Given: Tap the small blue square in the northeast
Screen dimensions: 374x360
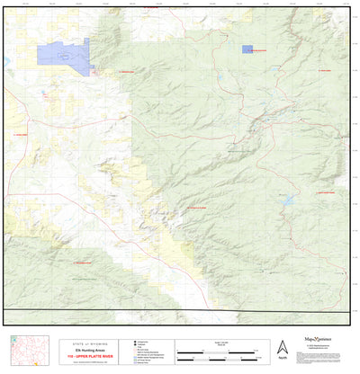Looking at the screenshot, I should pos(247,50).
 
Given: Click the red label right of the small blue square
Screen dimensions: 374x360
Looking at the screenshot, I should pos(265,52).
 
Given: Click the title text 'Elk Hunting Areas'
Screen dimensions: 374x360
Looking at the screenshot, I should pos(97,349).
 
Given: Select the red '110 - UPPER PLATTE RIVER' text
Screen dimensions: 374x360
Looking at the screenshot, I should pos(97,356).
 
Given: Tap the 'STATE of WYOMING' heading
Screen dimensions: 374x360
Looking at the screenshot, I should pos(97,343).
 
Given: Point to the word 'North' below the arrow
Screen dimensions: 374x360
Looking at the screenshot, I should pos(282,359).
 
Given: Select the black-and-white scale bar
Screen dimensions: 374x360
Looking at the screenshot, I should pos(216,351).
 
